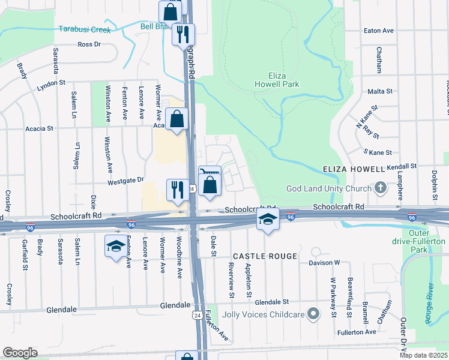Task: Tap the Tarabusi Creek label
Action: [85, 29]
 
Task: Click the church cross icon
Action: [379, 188]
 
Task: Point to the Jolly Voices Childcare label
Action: [264, 314]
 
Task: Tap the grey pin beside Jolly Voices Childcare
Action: [313, 313]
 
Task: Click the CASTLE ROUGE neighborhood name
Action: [265, 256]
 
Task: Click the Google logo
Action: [20, 352]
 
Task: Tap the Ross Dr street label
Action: [89, 44]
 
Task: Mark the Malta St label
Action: [379, 92]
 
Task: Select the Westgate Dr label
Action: [126, 179]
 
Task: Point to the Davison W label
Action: [325, 262]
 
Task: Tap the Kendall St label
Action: [402, 166]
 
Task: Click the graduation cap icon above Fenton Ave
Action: [116, 246]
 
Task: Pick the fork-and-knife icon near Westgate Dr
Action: [177, 190]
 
